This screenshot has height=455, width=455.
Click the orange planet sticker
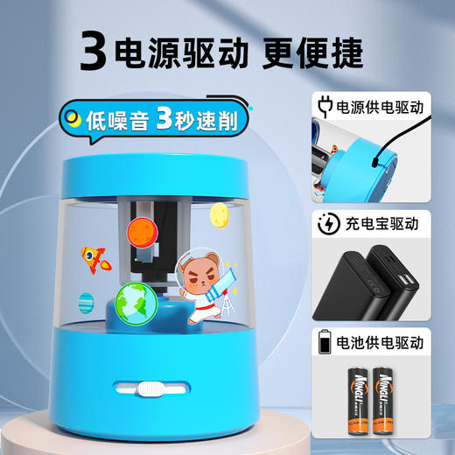141,233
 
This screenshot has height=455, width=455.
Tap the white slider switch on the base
150,388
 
